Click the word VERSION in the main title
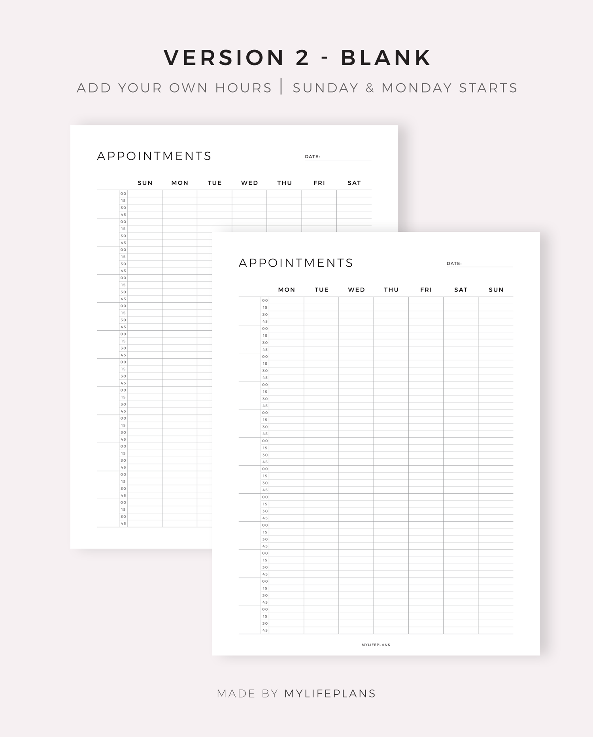pos(224,58)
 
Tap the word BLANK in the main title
pos(386,58)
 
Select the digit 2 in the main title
pos(302,58)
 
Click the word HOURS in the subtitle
pos(244,88)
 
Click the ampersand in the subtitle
pos(370,88)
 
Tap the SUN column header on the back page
pos(145,183)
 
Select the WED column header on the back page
pos(249,183)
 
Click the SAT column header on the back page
pos(354,183)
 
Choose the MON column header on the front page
pos(287,290)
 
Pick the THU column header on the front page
pos(391,290)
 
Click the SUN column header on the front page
pos(496,290)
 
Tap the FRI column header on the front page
pos(426,290)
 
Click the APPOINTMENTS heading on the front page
pos(296,263)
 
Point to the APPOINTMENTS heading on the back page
pos(154,156)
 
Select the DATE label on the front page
pos(454,263)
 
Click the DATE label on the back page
pos(312,157)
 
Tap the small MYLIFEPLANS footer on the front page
pos(376,645)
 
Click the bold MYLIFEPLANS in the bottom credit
pos(330,693)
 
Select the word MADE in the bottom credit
pos(236,693)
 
